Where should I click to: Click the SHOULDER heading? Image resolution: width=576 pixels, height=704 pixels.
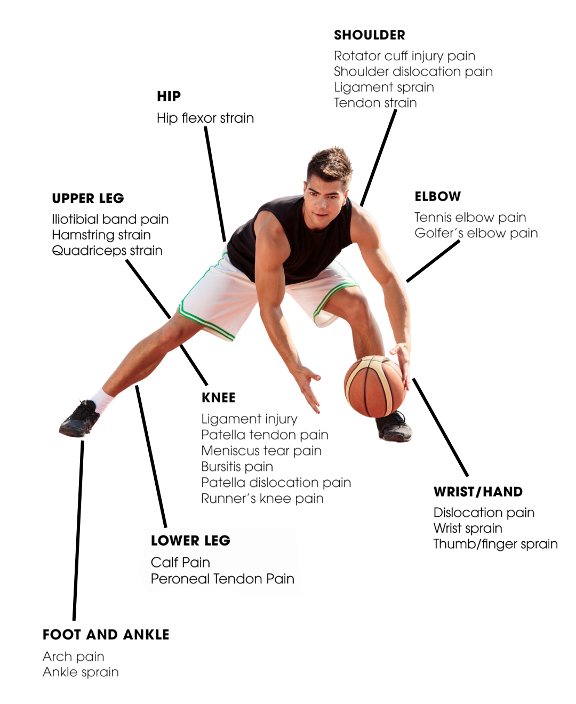[x=369, y=35]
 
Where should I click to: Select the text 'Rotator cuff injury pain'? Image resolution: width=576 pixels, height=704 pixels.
[x=404, y=56]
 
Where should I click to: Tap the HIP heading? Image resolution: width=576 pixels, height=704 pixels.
[x=169, y=97]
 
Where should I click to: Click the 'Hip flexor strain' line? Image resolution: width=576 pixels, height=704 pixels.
[x=205, y=118]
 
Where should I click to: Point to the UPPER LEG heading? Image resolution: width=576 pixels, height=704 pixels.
[x=88, y=198]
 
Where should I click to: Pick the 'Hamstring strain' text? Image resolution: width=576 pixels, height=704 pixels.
[x=101, y=235]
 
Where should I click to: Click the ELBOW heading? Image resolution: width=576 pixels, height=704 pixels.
[x=437, y=197]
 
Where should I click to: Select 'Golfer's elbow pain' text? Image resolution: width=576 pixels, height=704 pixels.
[x=476, y=233]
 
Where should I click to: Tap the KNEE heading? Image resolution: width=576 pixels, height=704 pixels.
[x=218, y=398]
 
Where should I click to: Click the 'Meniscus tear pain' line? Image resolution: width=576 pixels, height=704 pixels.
[x=261, y=451]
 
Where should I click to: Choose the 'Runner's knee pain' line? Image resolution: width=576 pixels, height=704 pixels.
[x=262, y=499]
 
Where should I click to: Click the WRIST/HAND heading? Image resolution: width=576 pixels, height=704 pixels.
[x=478, y=492]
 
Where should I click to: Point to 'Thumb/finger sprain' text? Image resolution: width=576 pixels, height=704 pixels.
[x=495, y=544]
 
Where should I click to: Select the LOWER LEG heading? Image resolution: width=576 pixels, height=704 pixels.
[x=190, y=541]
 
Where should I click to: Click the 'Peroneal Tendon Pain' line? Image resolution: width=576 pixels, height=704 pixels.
[x=222, y=579]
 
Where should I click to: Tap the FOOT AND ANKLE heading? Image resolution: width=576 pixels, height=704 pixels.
[x=106, y=635]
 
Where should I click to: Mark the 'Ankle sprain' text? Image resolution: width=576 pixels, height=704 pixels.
[x=81, y=672]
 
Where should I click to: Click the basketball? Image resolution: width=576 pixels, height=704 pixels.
[x=374, y=386]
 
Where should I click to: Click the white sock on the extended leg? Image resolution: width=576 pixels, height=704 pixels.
[x=102, y=400]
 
